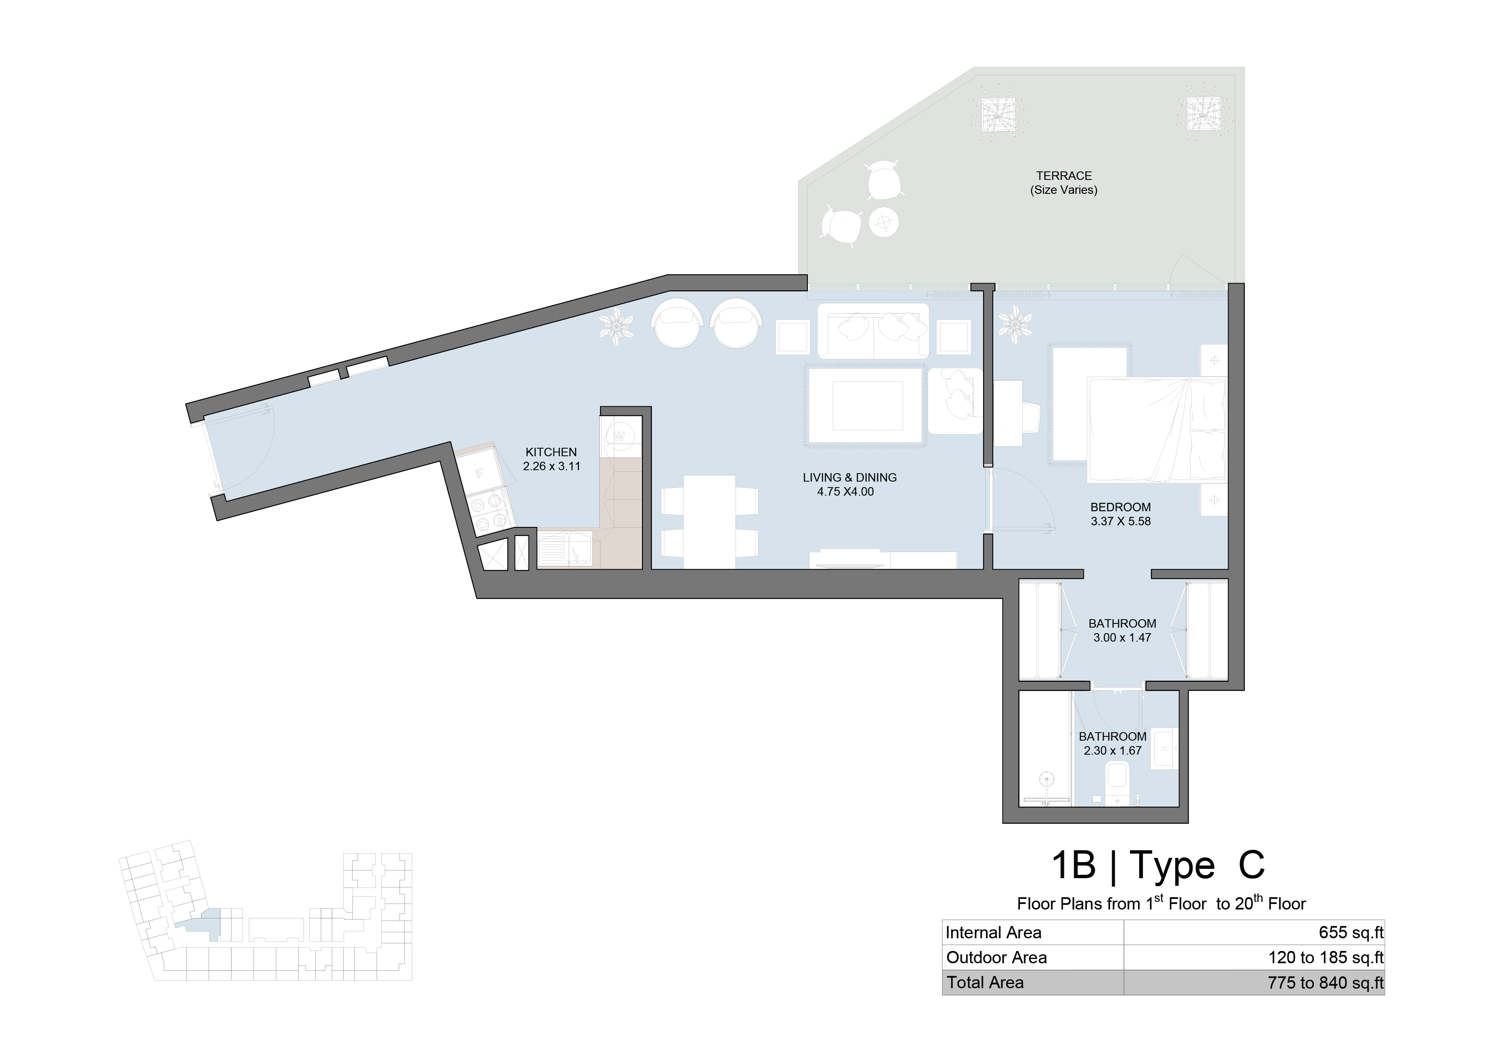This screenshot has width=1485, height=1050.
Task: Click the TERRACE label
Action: [1064, 176]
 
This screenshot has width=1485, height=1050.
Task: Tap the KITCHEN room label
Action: [551, 452]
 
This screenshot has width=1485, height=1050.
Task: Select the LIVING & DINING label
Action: [850, 477]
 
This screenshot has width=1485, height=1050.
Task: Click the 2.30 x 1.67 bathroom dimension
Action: [1113, 750]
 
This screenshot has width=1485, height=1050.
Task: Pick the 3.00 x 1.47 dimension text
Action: [1122, 637]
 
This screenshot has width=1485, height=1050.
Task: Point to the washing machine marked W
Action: [620, 436]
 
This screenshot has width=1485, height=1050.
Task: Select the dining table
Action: [710, 521]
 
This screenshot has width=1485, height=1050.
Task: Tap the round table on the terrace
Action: [884, 223]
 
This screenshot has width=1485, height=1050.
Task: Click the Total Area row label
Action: [985, 983]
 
